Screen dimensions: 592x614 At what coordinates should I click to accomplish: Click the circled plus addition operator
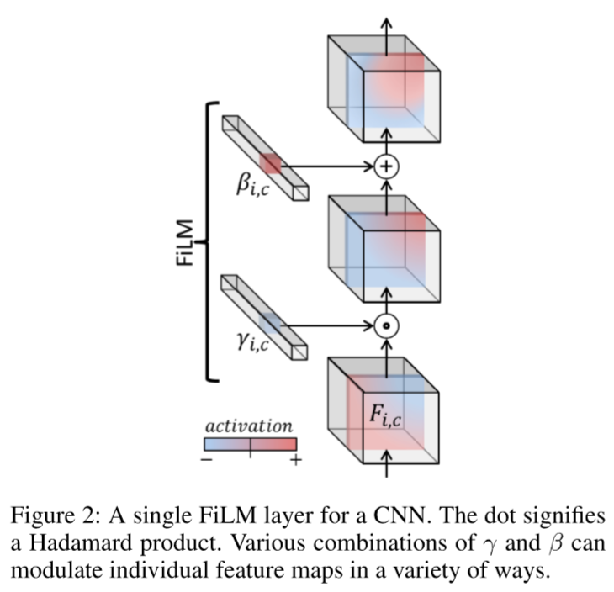click(386, 166)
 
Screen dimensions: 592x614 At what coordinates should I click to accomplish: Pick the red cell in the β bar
click(272, 164)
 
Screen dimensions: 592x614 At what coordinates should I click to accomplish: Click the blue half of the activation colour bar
click(227, 444)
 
